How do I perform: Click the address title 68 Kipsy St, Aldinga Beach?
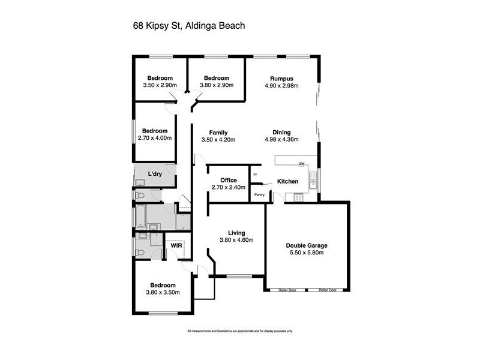[x=188, y=26]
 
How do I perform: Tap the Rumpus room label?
[x=281, y=78]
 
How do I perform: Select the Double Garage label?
[x=306, y=245]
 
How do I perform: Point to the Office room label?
[x=228, y=180]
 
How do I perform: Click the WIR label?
[x=176, y=245]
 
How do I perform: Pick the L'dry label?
[x=155, y=174]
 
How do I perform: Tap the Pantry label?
[x=259, y=195]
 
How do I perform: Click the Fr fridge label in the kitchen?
[x=255, y=175]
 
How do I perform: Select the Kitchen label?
[x=287, y=181]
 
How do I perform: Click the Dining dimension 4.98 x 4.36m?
[x=281, y=140]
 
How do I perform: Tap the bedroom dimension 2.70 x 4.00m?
[x=155, y=138]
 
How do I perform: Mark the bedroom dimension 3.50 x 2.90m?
[x=160, y=85]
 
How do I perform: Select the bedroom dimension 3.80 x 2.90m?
[x=216, y=85]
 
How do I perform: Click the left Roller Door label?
[x=287, y=290]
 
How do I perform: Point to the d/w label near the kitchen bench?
[x=302, y=163]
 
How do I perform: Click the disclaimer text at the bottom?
[x=239, y=331]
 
